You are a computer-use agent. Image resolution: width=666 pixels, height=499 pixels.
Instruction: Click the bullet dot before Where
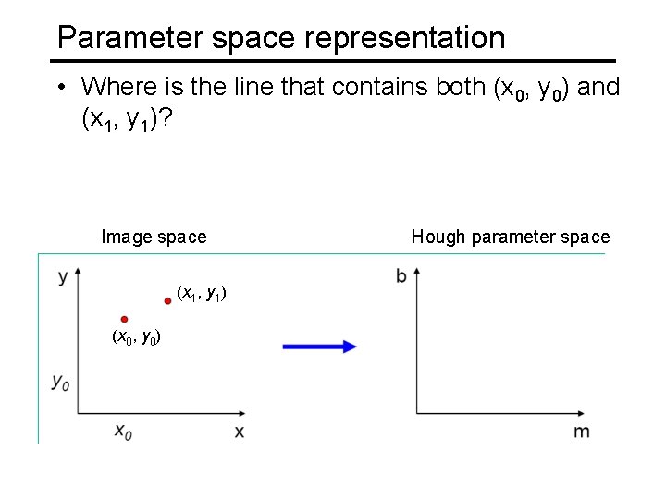point(58,88)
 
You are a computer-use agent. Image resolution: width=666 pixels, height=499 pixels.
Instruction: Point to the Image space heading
point(154,237)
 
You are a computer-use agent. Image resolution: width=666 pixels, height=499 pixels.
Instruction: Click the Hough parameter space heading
point(511,237)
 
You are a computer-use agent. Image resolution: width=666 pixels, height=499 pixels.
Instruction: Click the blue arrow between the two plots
point(319,347)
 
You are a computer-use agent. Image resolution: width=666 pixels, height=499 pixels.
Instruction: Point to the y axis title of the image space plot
point(62,276)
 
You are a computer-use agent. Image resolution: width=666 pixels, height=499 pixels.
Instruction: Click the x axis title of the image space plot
point(240,432)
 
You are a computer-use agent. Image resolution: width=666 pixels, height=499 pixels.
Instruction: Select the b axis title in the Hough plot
point(401,276)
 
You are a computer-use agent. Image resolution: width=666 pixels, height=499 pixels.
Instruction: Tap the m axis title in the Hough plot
point(581,432)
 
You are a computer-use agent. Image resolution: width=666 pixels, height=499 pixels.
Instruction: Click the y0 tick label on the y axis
point(60,381)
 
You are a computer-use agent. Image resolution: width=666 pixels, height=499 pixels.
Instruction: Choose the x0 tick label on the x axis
point(123,432)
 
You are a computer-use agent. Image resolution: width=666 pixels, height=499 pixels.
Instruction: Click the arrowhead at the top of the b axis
point(417,273)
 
